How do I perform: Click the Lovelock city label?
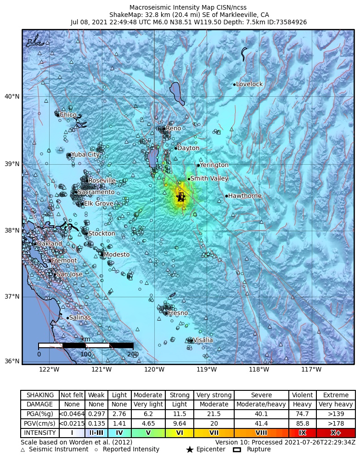click(x=249, y=84)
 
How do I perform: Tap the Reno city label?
click(x=174, y=128)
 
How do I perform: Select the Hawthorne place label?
click(x=245, y=196)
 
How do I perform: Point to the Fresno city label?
click(x=178, y=313)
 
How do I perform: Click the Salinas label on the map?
click(x=80, y=317)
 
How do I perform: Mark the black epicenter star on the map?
click(x=180, y=197)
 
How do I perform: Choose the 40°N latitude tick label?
click(x=12, y=96)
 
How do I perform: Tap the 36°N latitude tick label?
click(x=12, y=361)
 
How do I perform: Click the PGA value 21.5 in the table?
click(x=214, y=414)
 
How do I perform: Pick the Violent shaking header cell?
click(x=303, y=395)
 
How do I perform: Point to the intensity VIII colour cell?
click(x=261, y=433)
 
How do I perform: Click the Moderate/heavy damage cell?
click(x=261, y=405)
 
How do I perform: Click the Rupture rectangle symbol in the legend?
click(x=237, y=450)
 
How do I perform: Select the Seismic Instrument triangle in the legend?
click(x=23, y=450)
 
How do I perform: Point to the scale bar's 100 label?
click(x=86, y=355)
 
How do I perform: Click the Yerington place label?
click(x=214, y=165)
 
